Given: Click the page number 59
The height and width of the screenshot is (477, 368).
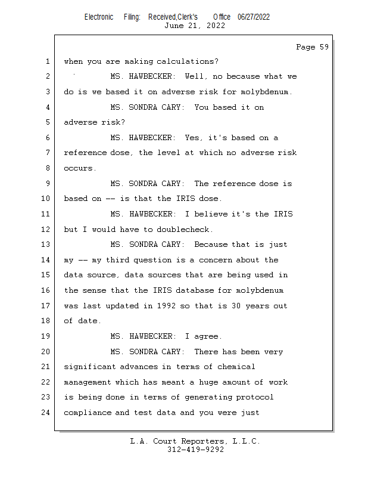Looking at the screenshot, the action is coord(325,47).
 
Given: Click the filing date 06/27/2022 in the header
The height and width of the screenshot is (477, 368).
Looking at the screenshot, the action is coord(254,17).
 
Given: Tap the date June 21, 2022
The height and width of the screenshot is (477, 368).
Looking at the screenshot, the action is coord(195,26).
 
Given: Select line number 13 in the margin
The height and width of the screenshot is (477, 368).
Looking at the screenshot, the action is coord(46,244).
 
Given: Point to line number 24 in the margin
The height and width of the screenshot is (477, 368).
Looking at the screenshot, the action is coord(46,413).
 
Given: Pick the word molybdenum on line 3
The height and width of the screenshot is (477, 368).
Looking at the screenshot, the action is coord(264,92).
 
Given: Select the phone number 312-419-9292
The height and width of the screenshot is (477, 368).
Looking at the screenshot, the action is coord(196,450).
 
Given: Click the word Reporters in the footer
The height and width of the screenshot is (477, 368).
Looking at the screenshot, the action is coord(202,441).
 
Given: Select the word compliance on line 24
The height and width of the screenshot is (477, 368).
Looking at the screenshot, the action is coord(87,413).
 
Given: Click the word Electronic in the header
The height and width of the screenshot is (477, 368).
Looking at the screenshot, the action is coord(99,17).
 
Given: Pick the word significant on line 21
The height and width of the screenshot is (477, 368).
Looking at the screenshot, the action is coord(90,367).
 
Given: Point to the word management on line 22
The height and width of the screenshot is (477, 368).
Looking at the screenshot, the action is coord(88,382).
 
